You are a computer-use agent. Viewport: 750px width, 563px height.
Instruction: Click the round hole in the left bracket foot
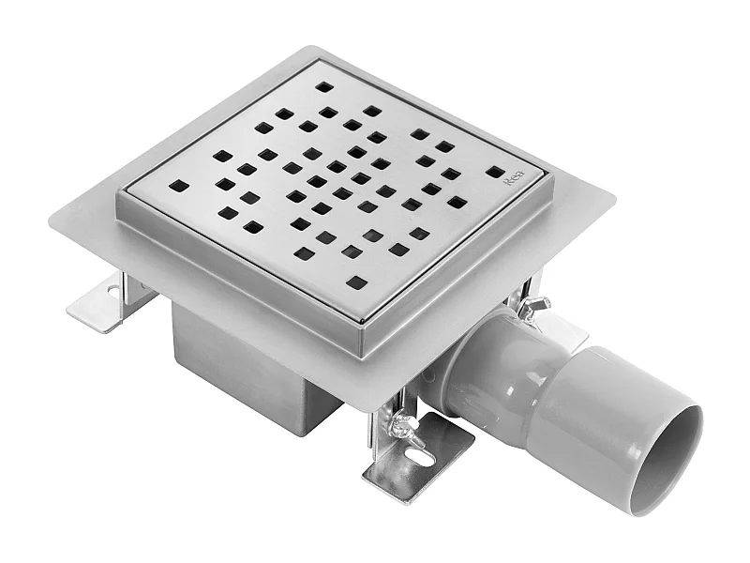113,293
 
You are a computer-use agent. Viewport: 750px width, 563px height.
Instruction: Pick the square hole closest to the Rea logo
494,172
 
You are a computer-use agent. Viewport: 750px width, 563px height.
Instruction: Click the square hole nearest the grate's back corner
323,86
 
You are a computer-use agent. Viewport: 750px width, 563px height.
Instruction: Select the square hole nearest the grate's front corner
357,281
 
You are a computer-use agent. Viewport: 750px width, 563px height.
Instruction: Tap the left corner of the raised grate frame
119,197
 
